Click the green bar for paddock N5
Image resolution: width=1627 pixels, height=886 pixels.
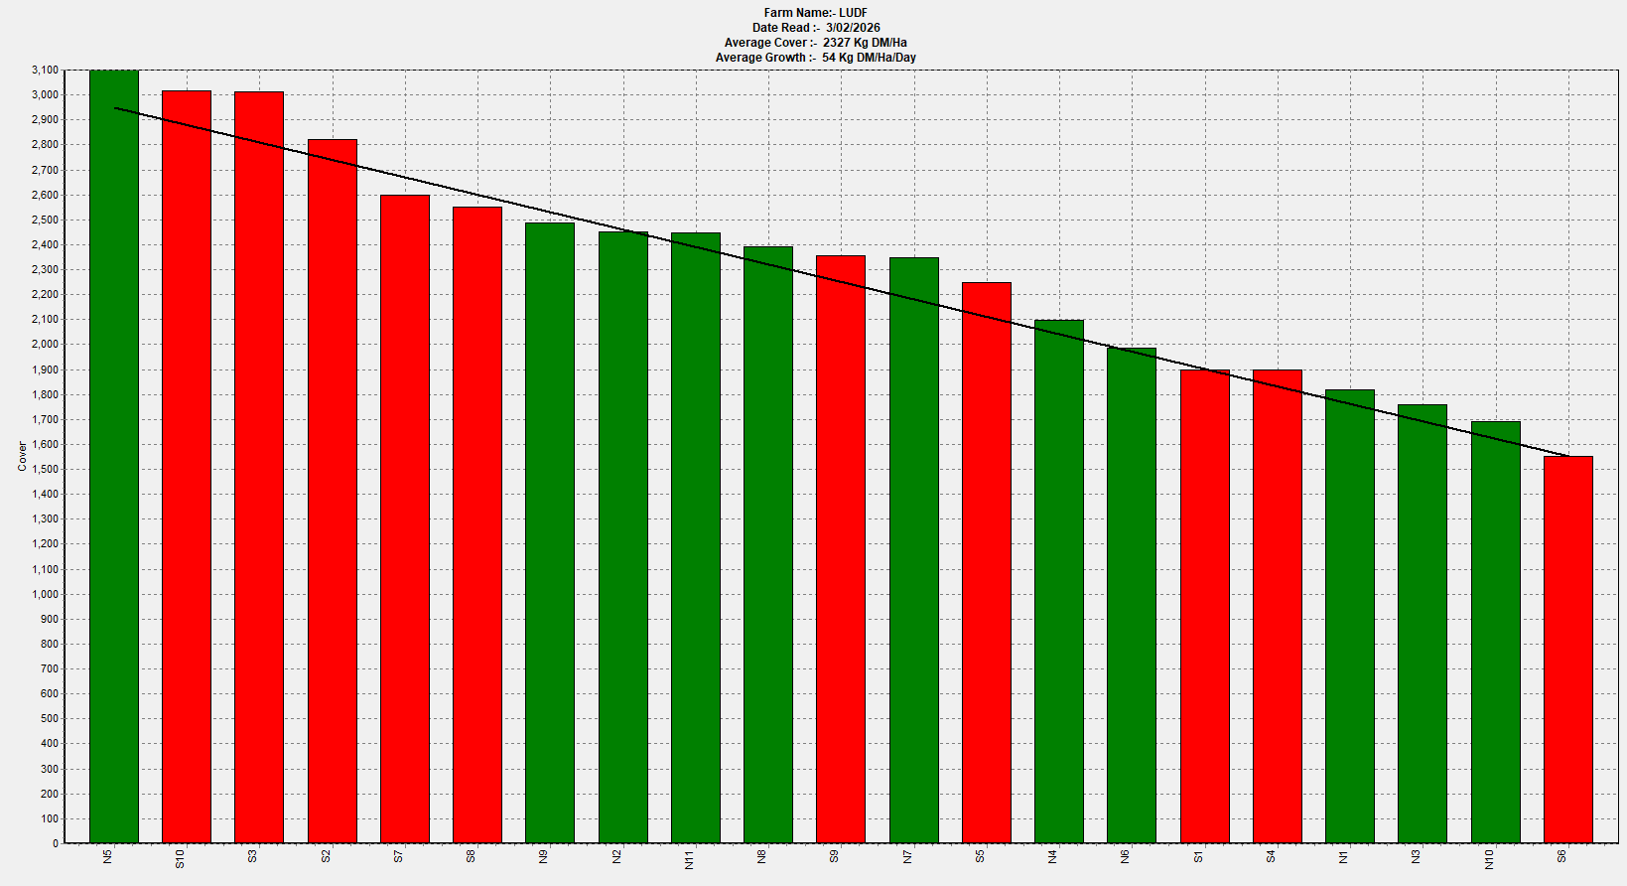tap(114, 457)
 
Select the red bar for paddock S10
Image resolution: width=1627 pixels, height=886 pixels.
tap(187, 467)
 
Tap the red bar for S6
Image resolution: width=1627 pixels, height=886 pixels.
tap(1567, 650)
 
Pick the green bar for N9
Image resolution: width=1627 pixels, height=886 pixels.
tap(550, 532)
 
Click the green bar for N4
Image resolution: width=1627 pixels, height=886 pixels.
tap(1059, 581)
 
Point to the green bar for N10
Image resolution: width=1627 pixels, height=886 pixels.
tap(1495, 632)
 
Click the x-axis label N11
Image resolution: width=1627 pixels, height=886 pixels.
tap(689, 859)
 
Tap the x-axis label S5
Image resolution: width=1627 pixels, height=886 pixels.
tap(980, 856)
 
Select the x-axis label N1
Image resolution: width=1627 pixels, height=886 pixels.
tap(1343, 856)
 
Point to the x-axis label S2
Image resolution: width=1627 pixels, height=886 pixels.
tap(326, 856)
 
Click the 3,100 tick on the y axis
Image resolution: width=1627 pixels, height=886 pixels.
tap(45, 71)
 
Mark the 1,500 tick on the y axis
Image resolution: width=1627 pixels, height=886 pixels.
tap(45, 470)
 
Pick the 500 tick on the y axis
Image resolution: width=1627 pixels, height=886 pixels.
tap(49, 719)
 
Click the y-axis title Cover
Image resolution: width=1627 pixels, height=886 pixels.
tap(22, 457)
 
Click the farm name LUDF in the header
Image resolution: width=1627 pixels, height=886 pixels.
tap(853, 13)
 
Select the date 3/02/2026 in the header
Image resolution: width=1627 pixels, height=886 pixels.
tap(853, 28)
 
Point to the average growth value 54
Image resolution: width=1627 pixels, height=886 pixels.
tap(829, 58)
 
